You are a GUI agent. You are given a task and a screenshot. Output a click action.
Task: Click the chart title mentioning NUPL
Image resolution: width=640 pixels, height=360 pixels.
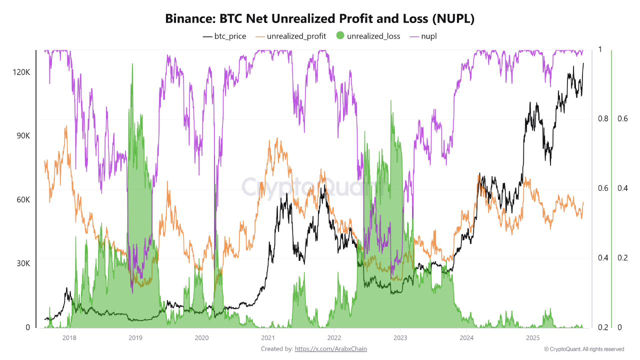(x=320, y=19)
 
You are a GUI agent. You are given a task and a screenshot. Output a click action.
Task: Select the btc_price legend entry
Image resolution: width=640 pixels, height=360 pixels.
(x=224, y=36)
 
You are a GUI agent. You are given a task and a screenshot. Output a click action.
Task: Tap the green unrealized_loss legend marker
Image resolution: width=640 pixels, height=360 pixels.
(x=340, y=36)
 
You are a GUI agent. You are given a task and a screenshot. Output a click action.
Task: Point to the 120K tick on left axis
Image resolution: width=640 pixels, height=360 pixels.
(x=21, y=72)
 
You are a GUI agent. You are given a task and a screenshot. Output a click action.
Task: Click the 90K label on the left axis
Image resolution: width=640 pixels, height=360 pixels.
(x=21, y=136)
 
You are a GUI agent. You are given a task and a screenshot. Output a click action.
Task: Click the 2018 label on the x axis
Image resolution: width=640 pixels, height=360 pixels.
(x=69, y=338)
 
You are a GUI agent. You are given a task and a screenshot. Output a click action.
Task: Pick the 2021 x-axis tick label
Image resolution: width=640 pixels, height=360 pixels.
(x=267, y=338)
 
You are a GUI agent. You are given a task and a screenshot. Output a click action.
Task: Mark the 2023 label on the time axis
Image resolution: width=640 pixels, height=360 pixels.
(x=400, y=338)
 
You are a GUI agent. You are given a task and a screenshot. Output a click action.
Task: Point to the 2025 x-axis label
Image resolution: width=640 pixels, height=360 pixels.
(x=532, y=338)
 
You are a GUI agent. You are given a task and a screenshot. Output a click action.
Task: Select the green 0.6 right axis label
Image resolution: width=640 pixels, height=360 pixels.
(x=622, y=119)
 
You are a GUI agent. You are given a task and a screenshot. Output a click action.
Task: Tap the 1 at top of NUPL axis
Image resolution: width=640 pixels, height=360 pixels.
(x=600, y=50)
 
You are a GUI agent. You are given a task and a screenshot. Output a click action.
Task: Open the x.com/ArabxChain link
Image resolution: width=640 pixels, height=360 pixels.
(x=330, y=348)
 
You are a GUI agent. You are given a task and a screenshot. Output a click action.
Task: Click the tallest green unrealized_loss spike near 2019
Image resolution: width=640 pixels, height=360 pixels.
(x=132, y=65)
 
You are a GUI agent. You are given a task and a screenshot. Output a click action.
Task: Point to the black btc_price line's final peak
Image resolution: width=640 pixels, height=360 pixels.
(x=583, y=63)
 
